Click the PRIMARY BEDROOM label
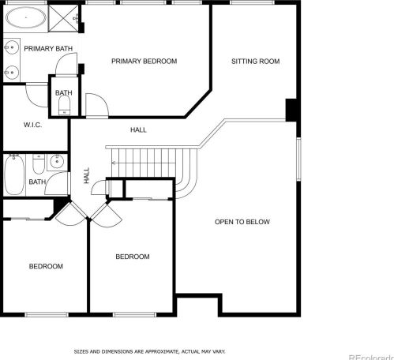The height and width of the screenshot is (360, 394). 144,62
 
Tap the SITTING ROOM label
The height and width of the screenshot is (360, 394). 255,62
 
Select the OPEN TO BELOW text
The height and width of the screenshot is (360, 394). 242,222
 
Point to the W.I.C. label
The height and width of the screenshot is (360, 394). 32,125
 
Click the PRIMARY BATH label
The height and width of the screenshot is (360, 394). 48,49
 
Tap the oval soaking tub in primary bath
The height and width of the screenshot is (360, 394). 26,17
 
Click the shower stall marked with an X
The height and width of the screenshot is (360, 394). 63,18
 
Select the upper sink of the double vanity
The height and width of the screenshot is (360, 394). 11,47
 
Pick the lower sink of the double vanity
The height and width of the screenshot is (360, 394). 11,72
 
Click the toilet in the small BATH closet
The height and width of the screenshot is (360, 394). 64,105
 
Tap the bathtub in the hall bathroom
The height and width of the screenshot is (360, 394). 14,174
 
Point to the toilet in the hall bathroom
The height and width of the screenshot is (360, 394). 39,164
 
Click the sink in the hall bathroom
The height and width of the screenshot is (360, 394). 57,162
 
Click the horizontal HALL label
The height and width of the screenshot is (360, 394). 138,129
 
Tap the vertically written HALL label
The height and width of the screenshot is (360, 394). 86,175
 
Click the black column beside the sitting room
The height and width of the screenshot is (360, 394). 291,110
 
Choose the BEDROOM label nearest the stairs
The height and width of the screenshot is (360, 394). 133,257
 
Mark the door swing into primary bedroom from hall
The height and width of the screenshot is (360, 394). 97,105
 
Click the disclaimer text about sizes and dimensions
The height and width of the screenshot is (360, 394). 149,351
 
